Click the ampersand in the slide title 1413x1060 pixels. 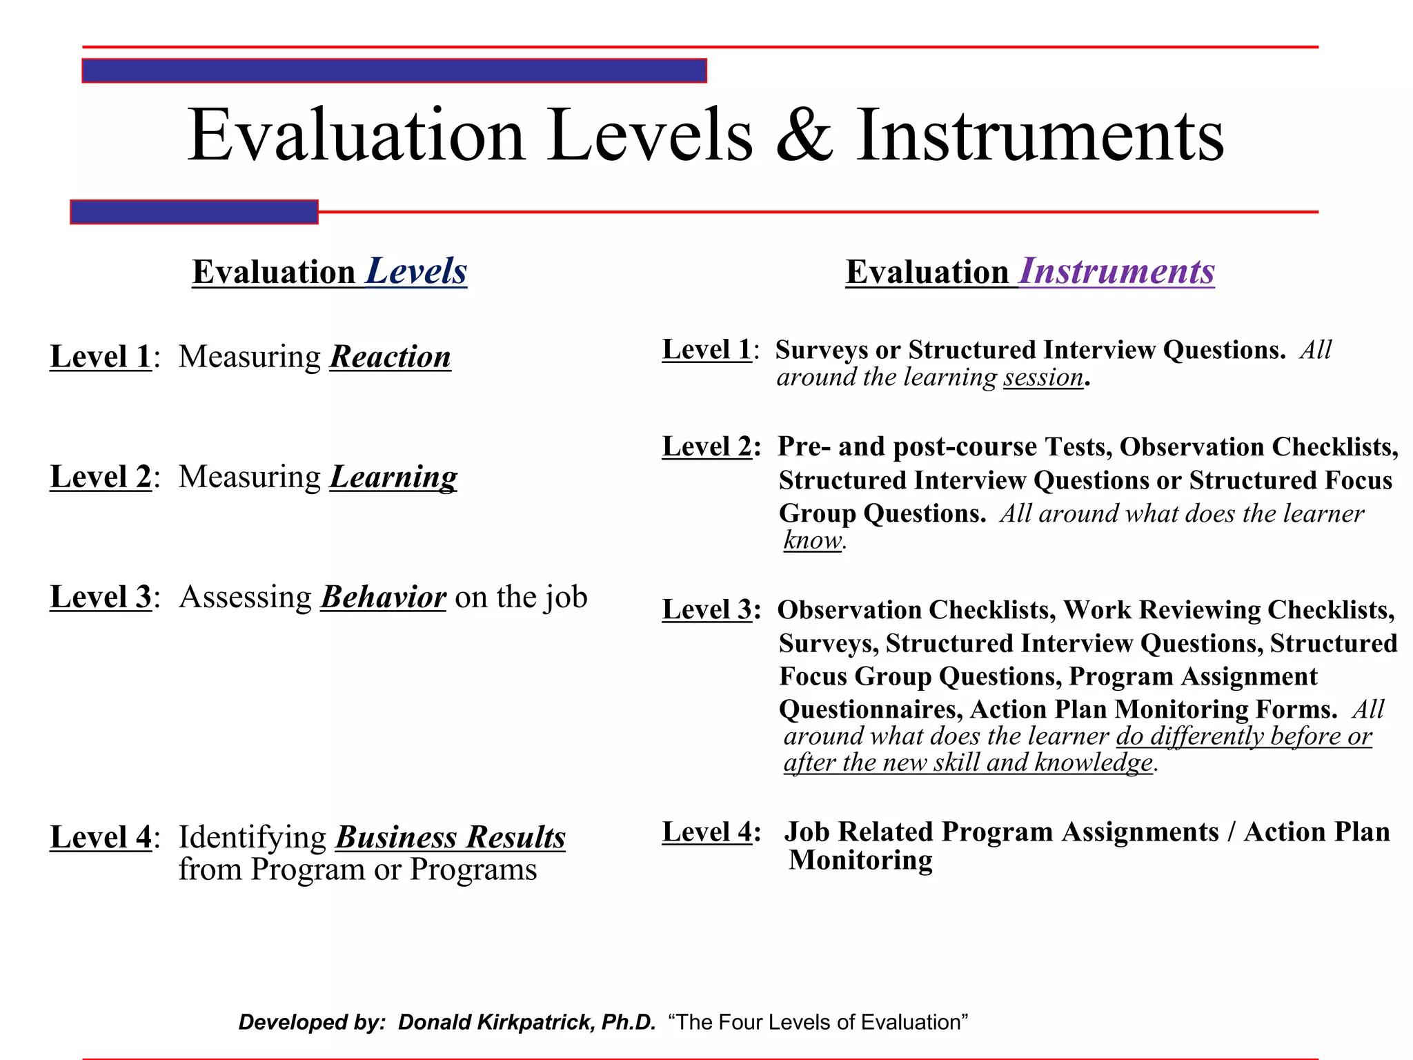coord(804,136)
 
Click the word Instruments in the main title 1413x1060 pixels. coord(1040,136)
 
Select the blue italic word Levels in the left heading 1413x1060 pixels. coord(416,271)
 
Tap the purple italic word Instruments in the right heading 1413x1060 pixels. coord(1116,271)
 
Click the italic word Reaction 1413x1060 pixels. coord(391,357)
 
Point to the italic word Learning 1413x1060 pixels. coord(393,477)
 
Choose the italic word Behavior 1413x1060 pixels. coord(384,597)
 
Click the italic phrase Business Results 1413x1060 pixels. coord(451,837)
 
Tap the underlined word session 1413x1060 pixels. coord(1043,377)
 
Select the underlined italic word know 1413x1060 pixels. coord(813,540)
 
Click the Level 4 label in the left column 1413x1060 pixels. coord(101,837)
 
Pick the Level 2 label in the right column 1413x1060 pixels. coord(707,446)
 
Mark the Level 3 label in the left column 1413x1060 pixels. coord(101,597)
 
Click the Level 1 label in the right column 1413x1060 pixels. coord(707,350)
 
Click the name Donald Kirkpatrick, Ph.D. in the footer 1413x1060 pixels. coord(526,1022)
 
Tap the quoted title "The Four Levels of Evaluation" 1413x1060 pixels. coord(818,1022)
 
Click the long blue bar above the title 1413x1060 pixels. coord(394,71)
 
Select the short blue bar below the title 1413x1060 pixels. coord(194,212)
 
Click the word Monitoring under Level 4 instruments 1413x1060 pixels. coord(860,860)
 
